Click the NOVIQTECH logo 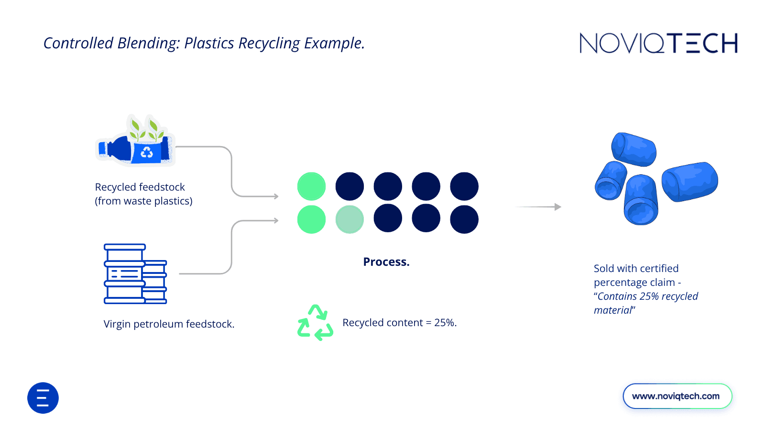click(658, 43)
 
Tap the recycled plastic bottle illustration click(136, 143)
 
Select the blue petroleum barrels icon click(135, 274)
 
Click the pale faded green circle click(350, 219)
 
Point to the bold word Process click(386, 262)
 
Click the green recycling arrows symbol click(315, 323)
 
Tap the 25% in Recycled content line click(444, 323)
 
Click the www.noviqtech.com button click(677, 396)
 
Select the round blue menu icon click(43, 398)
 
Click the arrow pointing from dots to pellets click(538, 207)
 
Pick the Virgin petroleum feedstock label click(169, 324)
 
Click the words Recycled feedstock click(140, 187)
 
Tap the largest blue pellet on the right click(689, 181)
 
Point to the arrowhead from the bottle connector click(276, 196)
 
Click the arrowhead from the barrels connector click(276, 220)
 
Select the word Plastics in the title click(209, 44)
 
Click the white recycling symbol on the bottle click(147, 152)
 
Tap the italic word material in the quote click(612, 310)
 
